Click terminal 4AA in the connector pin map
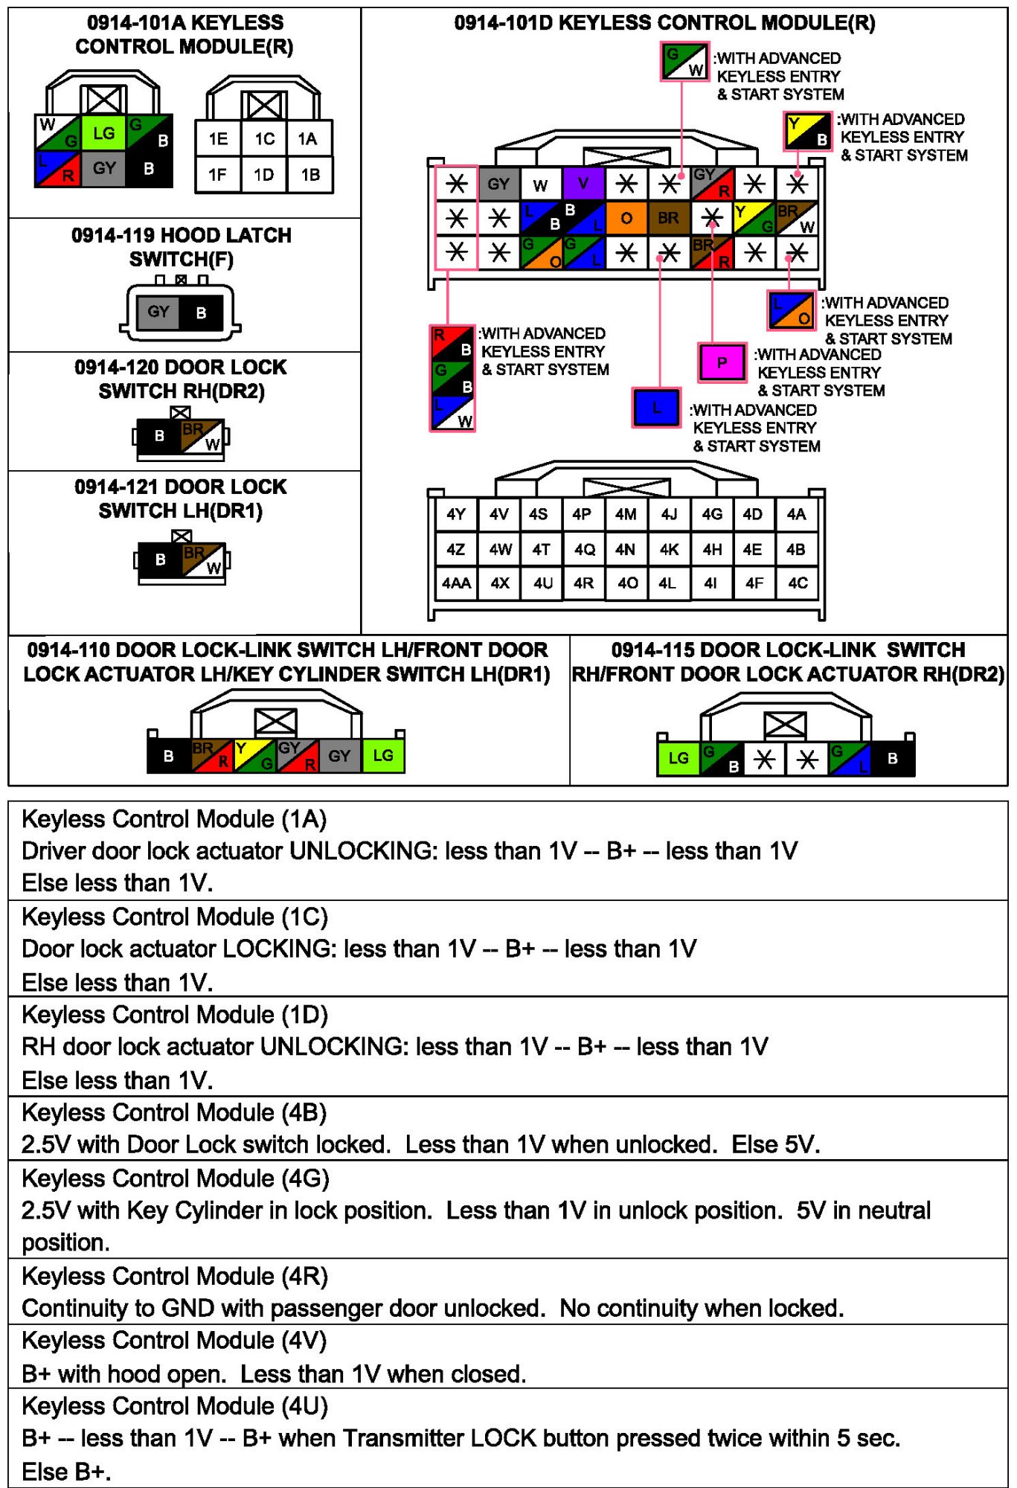point(456,583)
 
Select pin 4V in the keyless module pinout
point(498,514)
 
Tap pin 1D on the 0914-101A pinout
point(263,175)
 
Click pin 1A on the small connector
point(307,139)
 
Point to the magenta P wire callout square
point(721,362)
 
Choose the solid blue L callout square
point(655,408)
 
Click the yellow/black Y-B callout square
point(807,130)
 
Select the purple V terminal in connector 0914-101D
point(583,184)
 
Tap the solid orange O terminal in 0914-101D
point(626,218)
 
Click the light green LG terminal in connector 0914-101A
point(103,133)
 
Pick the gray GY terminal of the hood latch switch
point(158,312)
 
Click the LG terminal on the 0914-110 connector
point(383,756)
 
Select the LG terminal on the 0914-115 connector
point(678,758)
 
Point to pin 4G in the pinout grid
point(712,514)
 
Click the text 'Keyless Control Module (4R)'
point(175,1277)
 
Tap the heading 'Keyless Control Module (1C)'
point(175,917)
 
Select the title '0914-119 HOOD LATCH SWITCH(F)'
point(182,247)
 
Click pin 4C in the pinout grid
point(798,583)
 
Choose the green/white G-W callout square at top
point(684,62)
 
